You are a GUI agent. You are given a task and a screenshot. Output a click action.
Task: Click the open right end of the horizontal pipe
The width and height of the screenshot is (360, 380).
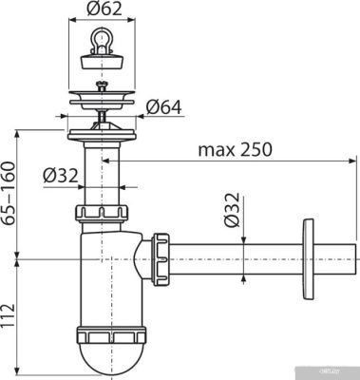pos(355,256)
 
